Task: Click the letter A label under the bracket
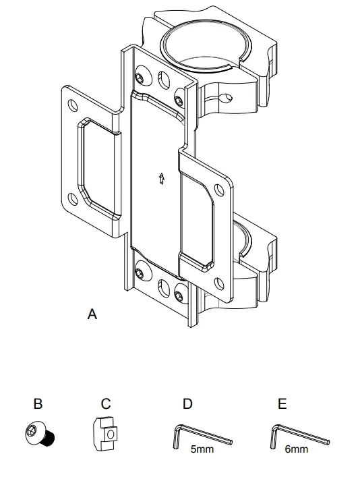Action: (x=92, y=314)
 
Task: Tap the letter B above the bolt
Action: (x=38, y=404)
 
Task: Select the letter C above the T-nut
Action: (x=106, y=404)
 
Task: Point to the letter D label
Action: (x=187, y=404)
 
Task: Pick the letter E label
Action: (x=282, y=404)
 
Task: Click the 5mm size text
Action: (x=202, y=449)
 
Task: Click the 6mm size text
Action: (x=297, y=449)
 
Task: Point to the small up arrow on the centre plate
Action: (x=161, y=179)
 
